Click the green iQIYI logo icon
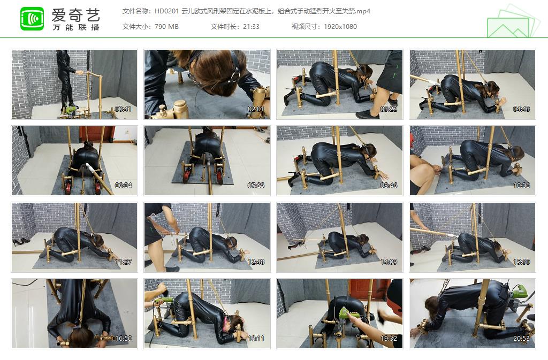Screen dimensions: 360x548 coord(32,19)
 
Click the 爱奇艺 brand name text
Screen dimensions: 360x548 coord(75,14)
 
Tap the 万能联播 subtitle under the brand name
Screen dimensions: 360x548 coord(75,27)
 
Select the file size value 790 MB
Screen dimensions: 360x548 coord(166,27)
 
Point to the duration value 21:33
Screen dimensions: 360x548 coord(250,27)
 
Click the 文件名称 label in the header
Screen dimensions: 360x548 coord(136,11)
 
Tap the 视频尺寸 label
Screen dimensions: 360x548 coord(305,27)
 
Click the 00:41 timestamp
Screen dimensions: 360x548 coord(123,109)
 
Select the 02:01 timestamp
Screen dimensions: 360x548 coord(256,109)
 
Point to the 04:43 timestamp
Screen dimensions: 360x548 coord(521,109)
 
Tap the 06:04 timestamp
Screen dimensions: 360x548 coord(123,186)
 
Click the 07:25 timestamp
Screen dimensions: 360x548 coord(256,186)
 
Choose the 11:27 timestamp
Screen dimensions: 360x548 coord(123,262)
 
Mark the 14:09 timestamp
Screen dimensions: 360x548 coord(389,262)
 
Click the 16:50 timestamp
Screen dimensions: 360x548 coord(123,339)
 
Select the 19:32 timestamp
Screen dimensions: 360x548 coord(389,339)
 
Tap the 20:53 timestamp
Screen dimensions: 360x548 coord(521,339)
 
